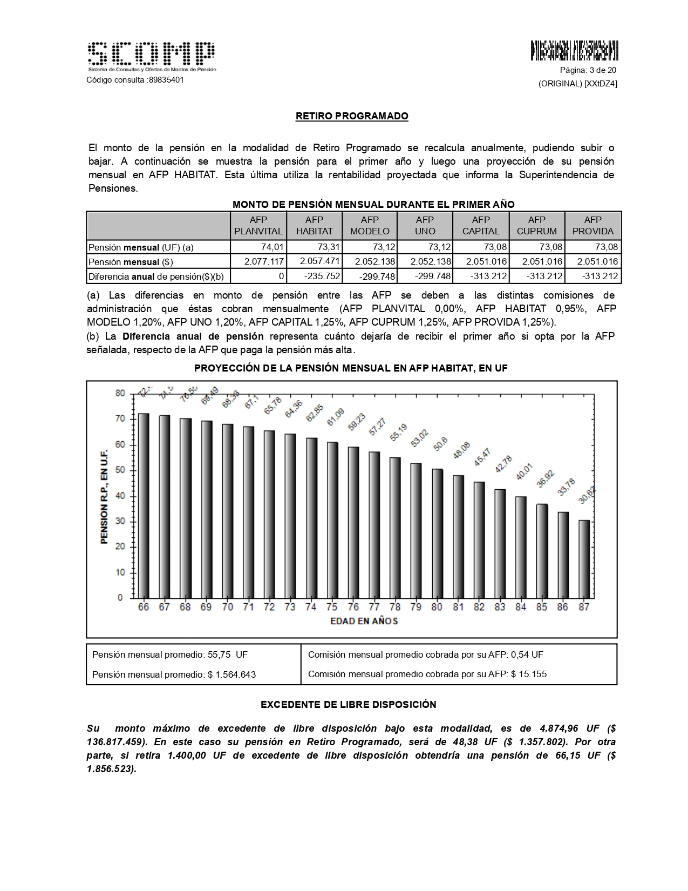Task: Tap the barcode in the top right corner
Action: pyautogui.click(x=574, y=50)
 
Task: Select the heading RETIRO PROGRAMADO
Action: pyautogui.click(x=352, y=116)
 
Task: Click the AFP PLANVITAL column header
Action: pyautogui.click(x=258, y=226)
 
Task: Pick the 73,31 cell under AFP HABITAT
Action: pyautogui.click(x=314, y=247)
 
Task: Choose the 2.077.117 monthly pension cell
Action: pyautogui.click(x=258, y=262)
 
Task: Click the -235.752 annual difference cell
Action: pyautogui.click(x=314, y=276)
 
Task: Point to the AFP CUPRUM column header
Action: pyautogui.click(x=536, y=226)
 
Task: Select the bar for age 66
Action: pyautogui.click(x=144, y=505)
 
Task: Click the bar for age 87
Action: pyautogui.click(x=584, y=559)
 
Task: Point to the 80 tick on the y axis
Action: pyautogui.click(x=120, y=394)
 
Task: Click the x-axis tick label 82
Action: pyautogui.click(x=479, y=607)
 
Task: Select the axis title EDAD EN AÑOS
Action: pyautogui.click(x=364, y=621)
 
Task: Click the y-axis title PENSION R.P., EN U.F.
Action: pyautogui.click(x=105, y=496)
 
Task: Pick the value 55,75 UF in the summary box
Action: pyautogui.click(x=227, y=654)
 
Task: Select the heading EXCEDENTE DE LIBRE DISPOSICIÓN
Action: pyautogui.click(x=349, y=705)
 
